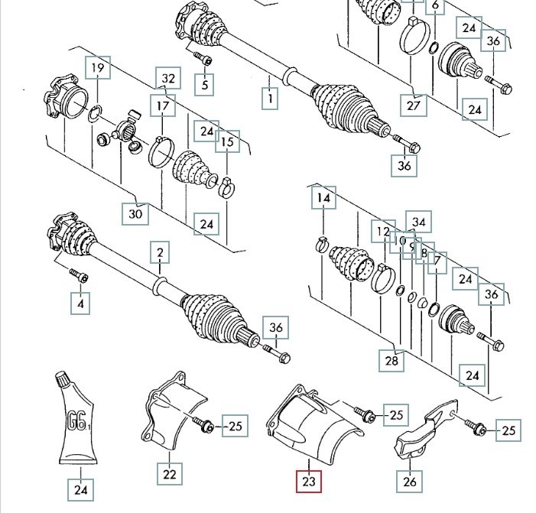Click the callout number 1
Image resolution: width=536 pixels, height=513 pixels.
(269, 99)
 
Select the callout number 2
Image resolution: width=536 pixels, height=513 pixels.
(160, 253)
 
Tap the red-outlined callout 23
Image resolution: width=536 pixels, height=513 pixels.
(310, 482)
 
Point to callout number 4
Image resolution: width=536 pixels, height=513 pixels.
(80, 304)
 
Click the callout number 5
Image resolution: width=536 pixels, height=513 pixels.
(205, 84)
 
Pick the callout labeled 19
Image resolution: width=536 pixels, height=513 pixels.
(98, 70)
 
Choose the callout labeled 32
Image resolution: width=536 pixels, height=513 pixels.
(169, 78)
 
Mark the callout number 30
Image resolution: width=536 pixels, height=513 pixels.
(135, 214)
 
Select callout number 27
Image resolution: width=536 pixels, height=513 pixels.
(414, 106)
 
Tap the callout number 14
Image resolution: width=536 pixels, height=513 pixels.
(323, 200)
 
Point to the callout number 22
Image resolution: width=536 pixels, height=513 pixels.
(169, 474)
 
